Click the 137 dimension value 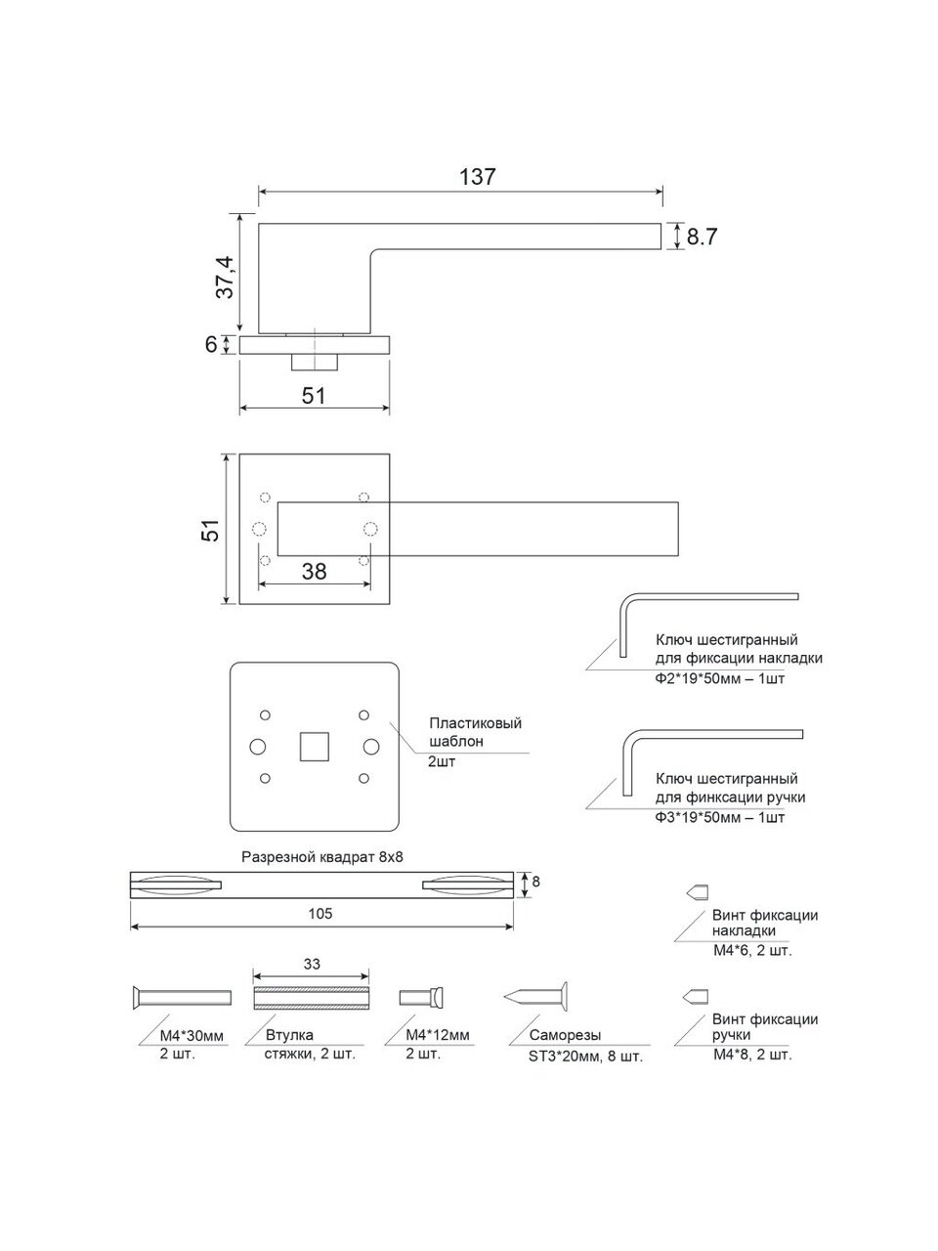477,177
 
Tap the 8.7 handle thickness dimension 702,237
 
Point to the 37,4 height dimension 226,277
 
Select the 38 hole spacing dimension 314,571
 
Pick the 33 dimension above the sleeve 312,964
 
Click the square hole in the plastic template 315,747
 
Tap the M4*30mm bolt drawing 182,998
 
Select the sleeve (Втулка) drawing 311,998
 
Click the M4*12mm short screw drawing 422,998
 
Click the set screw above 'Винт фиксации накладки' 697,892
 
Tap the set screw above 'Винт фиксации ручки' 696,997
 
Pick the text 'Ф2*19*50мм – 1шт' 720,679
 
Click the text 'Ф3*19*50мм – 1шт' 720,818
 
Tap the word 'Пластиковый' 476,723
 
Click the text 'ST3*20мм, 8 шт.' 585,1057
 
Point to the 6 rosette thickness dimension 211,344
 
